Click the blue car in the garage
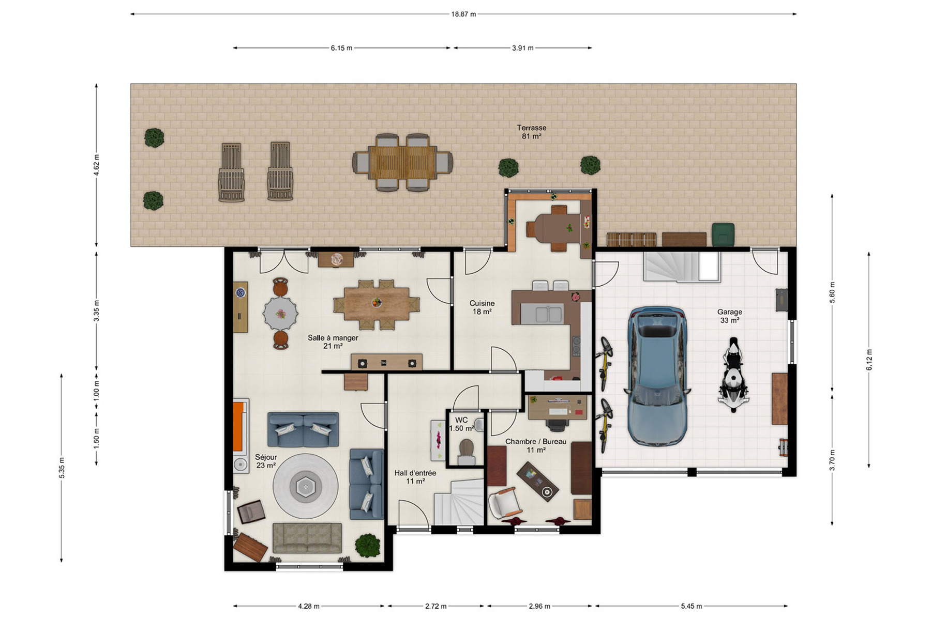[x=658, y=376]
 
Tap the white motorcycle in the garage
[x=733, y=375]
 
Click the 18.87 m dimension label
[x=463, y=14]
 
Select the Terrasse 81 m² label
[x=532, y=132]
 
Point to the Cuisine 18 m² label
[x=482, y=307]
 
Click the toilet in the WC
[x=467, y=451]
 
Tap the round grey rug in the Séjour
[x=306, y=486]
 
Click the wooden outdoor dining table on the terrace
[x=402, y=162]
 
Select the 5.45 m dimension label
[x=692, y=606]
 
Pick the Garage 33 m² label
[x=730, y=316]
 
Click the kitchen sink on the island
[x=542, y=313]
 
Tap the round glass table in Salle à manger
[x=280, y=314]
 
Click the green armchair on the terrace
[x=723, y=234]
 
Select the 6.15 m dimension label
[x=341, y=48]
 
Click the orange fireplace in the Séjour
[x=238, y=427]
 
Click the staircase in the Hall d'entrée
[x=459, y=502]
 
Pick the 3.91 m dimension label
[x=522, y=48]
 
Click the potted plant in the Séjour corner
[x=368, y=546]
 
